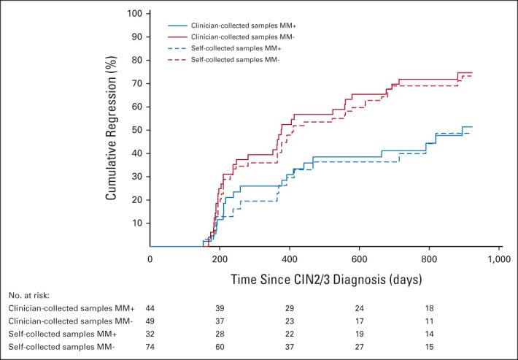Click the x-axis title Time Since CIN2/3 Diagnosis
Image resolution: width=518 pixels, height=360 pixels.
[324, 278]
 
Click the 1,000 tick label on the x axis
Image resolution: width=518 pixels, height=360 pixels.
[499, 258]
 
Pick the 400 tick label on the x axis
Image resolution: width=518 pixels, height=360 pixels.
[290, 258]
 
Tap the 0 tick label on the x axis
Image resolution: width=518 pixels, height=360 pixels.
[150, 258]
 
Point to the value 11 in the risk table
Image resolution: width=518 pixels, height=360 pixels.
[430, 321]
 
